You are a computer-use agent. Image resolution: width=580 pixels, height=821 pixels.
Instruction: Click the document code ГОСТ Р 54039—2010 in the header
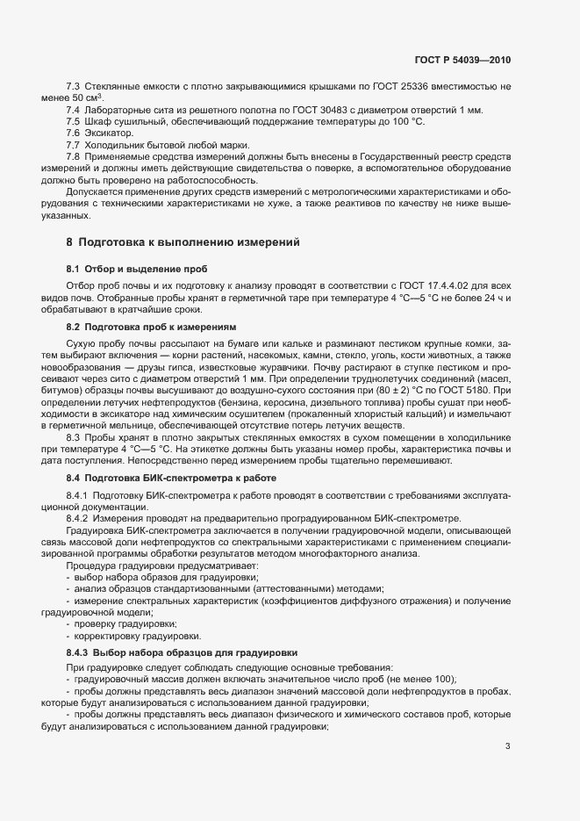point(462,61)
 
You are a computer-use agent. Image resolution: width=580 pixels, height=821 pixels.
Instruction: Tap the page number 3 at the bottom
point(508,747)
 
